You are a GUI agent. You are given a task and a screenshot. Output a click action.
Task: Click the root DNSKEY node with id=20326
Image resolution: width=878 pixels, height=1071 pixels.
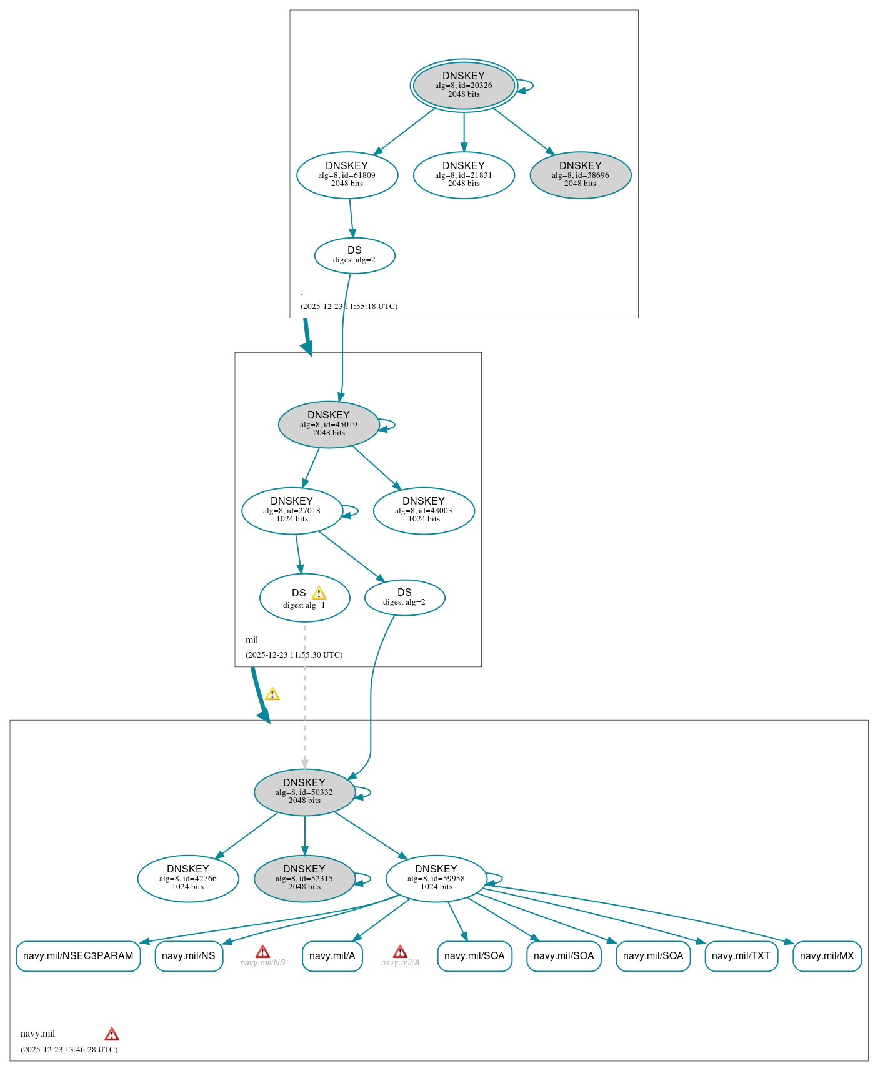coord(464,86)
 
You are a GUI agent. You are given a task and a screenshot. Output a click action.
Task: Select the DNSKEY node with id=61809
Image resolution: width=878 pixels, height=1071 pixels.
coord(347,175)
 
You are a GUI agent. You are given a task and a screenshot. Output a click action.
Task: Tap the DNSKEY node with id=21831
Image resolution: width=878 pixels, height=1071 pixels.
coord(464,175)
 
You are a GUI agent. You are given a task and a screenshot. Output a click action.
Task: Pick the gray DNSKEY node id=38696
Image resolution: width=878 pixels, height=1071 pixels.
coord(580,175)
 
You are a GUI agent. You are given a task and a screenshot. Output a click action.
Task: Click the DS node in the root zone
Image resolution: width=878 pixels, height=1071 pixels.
coord(354,255)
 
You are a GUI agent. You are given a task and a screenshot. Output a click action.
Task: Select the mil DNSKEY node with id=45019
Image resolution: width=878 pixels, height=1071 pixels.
coord(329,424)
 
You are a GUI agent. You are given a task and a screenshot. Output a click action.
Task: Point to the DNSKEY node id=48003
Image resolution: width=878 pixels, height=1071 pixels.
coord(424,510)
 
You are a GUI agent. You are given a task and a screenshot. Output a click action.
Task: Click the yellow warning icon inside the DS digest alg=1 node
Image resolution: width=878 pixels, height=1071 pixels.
coord(319,593)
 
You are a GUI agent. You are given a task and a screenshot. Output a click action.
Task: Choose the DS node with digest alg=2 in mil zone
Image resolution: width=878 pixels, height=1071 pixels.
coord(404,597)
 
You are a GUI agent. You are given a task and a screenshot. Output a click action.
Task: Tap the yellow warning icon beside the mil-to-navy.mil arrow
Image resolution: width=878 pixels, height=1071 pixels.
coord(272,694)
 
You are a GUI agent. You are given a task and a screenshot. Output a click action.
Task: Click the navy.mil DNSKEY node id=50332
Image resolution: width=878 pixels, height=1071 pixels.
coord(304,792)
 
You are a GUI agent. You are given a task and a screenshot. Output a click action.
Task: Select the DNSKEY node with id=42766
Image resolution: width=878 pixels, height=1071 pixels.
coord(188,878)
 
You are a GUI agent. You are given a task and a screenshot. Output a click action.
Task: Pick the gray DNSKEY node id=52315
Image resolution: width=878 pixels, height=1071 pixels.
coord(304,878)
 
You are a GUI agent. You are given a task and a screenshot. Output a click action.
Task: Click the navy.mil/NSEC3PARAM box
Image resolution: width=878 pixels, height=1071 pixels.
coord(78,955)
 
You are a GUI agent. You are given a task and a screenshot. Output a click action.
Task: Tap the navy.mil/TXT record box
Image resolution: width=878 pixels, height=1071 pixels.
coord(741,955)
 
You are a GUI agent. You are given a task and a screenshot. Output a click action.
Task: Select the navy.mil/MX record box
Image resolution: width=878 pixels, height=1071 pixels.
coord(827,955)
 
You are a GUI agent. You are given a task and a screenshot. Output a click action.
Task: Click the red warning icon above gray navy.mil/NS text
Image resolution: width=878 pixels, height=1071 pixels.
coord(262,952)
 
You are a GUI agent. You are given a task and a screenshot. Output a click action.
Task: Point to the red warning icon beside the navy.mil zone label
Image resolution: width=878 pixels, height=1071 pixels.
coord(112,1034)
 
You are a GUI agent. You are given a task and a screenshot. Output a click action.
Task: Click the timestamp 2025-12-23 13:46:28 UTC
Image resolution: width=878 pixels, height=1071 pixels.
coord(69,1049)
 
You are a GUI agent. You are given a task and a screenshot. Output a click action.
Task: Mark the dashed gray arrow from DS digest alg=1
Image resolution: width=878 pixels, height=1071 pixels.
coord(305,699)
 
